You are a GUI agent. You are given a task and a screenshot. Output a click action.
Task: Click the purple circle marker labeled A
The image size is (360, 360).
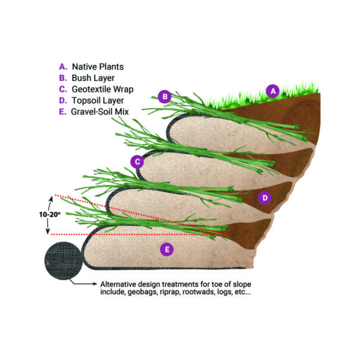pos(273,91)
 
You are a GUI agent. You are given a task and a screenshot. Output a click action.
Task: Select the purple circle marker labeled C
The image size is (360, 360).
pos(137,161)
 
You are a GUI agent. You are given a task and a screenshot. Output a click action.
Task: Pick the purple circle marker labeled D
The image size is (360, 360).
pos(263,197)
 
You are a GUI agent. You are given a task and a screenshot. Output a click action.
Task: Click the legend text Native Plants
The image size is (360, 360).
pos(98,66)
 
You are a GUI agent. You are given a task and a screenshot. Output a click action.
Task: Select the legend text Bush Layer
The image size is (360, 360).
pos(93,77)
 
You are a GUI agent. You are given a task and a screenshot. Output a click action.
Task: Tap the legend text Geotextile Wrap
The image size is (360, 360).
pos(103,89)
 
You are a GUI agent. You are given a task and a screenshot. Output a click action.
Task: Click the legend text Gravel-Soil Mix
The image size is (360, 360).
pos(101,112)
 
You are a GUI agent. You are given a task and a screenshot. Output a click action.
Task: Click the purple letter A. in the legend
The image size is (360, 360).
pos(62,66)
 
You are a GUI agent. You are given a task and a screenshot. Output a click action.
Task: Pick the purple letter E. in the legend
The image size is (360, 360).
pos(62,112)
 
